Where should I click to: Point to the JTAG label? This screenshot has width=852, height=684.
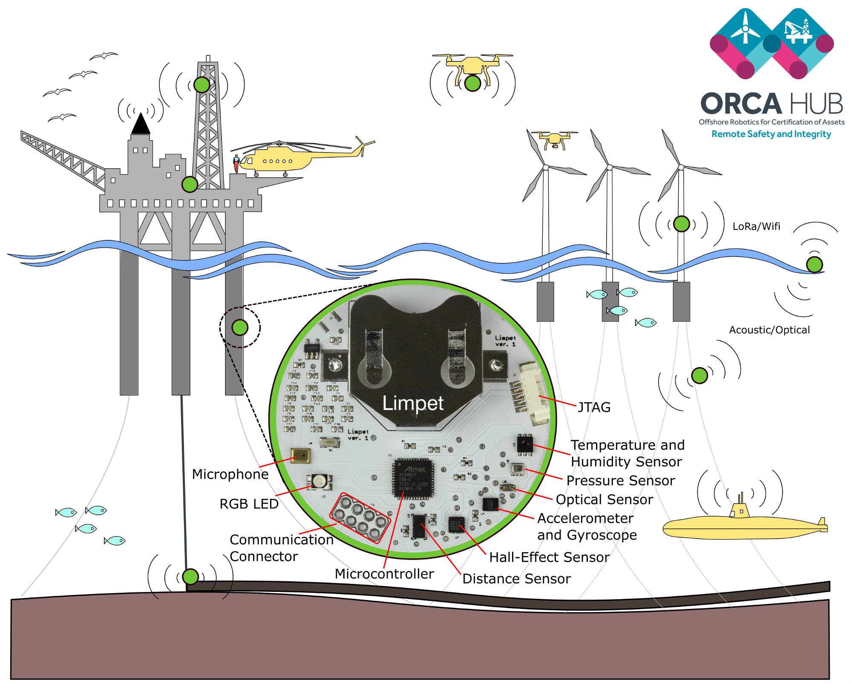(x=594, y=407)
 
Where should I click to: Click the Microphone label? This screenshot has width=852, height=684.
(x=230, y=474)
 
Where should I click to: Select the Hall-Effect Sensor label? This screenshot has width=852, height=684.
(x=549, y=557)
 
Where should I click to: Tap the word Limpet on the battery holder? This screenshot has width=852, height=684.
(x=412, y=403)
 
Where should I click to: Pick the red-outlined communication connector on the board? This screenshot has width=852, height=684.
(x=360, y=518)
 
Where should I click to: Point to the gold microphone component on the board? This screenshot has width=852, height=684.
(x=300, y=456)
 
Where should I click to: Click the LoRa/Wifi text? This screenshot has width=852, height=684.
(x=756, y=227)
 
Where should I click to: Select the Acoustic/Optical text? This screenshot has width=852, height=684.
(x=769, y=330)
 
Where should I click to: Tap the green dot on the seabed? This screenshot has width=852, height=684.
(x=190, y=577)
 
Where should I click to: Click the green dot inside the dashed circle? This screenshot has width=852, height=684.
(x=240, y=327)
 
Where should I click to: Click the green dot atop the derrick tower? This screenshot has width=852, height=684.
(x=202, y=85)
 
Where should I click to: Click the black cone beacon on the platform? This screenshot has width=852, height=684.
(x=141, y=124)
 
